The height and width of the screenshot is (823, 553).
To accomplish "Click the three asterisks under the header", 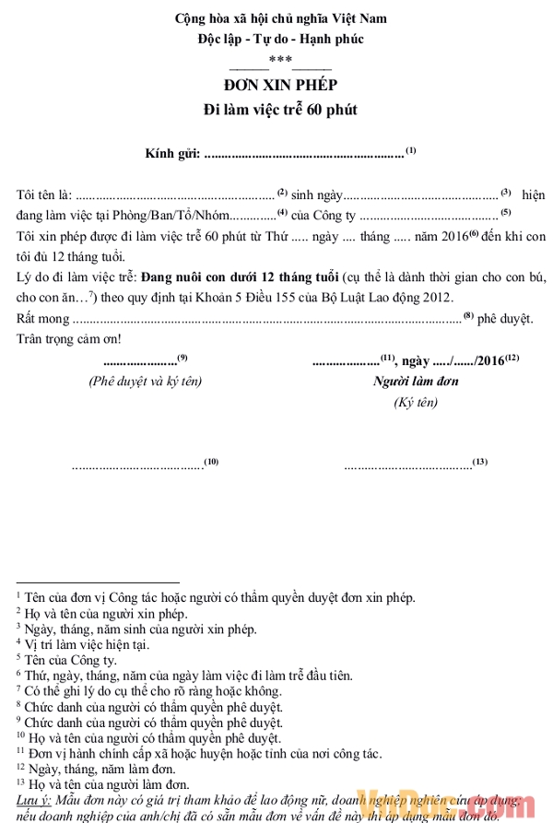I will coord(280,60).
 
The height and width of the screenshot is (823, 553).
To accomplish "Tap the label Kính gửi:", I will coord(172,154).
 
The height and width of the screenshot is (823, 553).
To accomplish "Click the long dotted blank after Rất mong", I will coord(266,319).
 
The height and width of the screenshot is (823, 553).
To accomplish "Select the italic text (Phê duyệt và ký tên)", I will coord(145,382).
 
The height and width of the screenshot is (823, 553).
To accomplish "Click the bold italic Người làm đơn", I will coord(416,382).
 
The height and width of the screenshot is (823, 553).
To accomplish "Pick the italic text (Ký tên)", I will coord(415,403).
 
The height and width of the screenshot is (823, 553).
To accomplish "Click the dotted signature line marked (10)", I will coord(138,465).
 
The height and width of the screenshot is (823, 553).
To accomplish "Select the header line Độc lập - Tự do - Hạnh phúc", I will coord(280,39).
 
